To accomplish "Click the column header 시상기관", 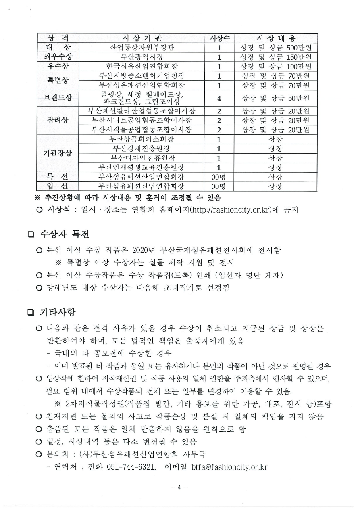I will [142, 38].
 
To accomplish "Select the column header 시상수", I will [220, 38].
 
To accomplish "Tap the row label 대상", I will [57, 48].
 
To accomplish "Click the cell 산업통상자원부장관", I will [142, 48].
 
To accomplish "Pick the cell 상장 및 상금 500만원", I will [276, 48].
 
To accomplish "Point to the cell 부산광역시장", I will [142, 57].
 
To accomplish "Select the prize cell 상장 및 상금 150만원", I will [276, 57].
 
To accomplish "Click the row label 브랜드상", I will [57, 98].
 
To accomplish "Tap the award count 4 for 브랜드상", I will [220, 98].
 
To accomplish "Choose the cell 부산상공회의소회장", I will [142, 140].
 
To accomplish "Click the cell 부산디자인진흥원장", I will [142, 158].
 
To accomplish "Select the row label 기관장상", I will [57, 153].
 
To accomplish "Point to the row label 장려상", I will [57, 120].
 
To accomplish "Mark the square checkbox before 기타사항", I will [31, 313].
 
